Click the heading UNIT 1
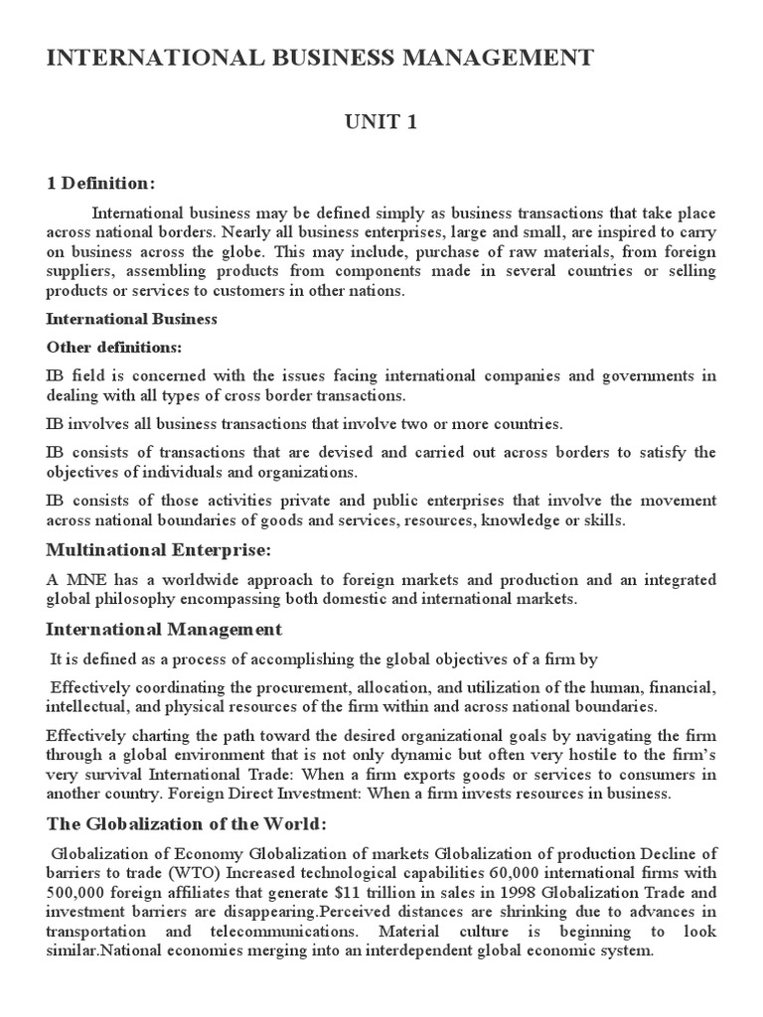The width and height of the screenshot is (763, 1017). [x=381, y=122]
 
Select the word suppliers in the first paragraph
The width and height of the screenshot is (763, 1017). [x=78, y=272]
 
